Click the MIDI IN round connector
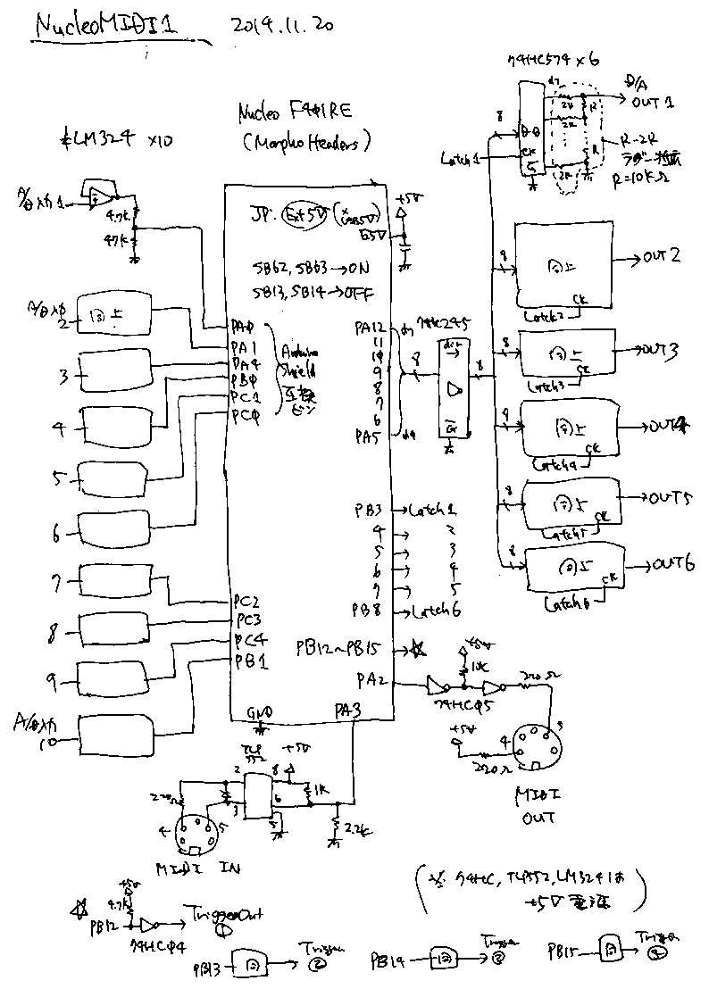point(196,834)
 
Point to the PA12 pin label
point(371,327)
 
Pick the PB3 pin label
point(368,511)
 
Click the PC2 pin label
point(246,600)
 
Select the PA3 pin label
point(349,711)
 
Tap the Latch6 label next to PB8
point(434,611)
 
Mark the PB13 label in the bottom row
point(207,966)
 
